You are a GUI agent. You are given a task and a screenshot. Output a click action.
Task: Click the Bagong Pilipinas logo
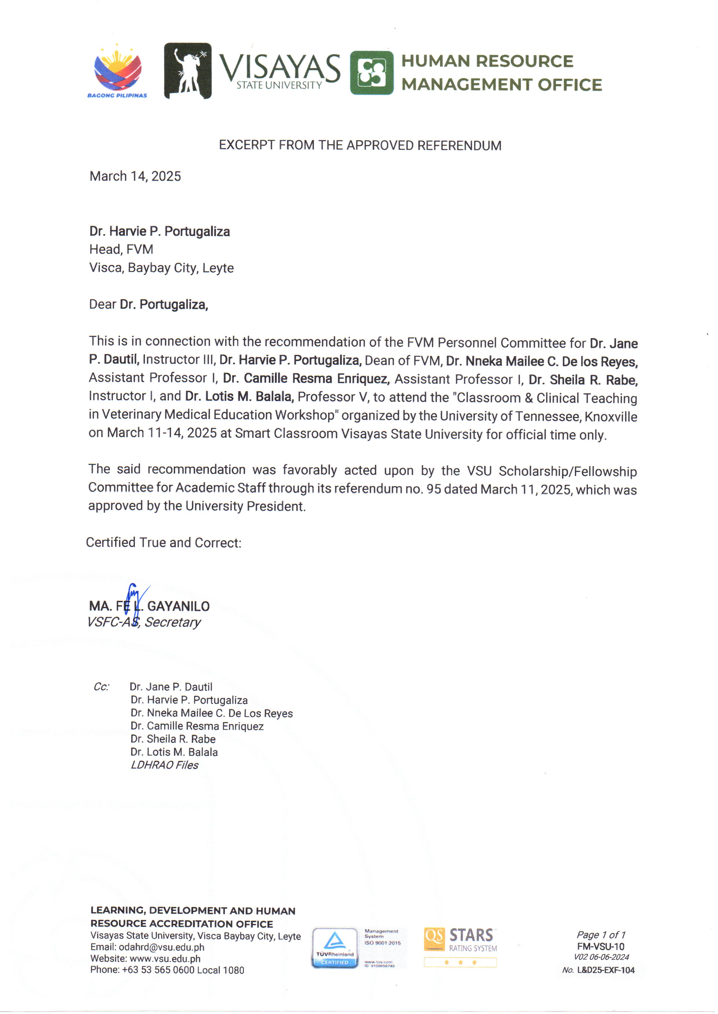pyautogui.click(x=117, y=71)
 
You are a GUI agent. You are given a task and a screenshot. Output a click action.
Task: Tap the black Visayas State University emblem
pyautogui.click(x=188, y=71)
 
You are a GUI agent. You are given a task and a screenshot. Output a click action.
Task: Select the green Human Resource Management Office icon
pyautogui.click(x=371, y=73)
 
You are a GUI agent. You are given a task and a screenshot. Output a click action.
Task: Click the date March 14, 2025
pyautogui.click(x=135, y=176)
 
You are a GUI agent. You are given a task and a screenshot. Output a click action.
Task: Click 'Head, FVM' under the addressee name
pyautogui.click(x=121, y=250)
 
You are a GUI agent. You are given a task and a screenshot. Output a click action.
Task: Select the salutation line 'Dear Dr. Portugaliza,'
pyautogui.click(x=148, y=305)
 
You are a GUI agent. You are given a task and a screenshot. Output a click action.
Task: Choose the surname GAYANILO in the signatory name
pyautogui.click(x=178, y=606)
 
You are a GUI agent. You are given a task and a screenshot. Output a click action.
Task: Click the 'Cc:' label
pyautogui.click(x=101, y=687)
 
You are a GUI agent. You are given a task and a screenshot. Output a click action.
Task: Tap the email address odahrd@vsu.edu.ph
pyautogui.click(x=161, y=947)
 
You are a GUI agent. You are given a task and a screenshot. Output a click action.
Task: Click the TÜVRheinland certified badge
pyautogui.click(x=335, y=948)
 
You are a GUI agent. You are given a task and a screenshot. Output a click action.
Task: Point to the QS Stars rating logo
pyautogui.click(x=460, y=947)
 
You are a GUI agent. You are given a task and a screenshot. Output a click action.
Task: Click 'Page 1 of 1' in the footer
pyautogui.click(x=601, y=934)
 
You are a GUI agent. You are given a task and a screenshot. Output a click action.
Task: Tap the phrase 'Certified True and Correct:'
pyautogui.click(x=164, y=543)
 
